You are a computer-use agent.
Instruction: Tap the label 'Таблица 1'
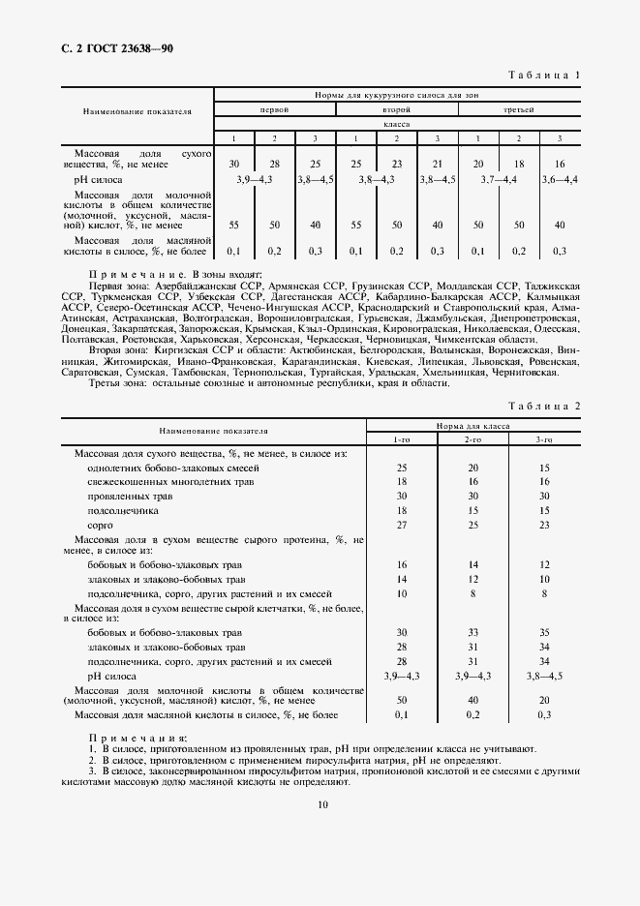pos(543,75)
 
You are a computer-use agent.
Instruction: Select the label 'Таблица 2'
pos(543,407)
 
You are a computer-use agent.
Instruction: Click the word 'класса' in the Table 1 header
pos(396,125)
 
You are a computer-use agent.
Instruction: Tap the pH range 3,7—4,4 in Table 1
pos(498,180)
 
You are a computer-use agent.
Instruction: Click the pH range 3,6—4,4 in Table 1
pos(559,180)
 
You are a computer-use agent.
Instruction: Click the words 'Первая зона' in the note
pos(115,287)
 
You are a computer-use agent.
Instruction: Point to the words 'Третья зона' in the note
pos(116,381)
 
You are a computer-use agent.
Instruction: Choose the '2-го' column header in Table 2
pos(472,440)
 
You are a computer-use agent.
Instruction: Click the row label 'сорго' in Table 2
pos(101,524)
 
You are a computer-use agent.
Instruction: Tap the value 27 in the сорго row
pos(401,524)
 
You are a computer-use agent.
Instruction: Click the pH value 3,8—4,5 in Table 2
pos(544,675)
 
